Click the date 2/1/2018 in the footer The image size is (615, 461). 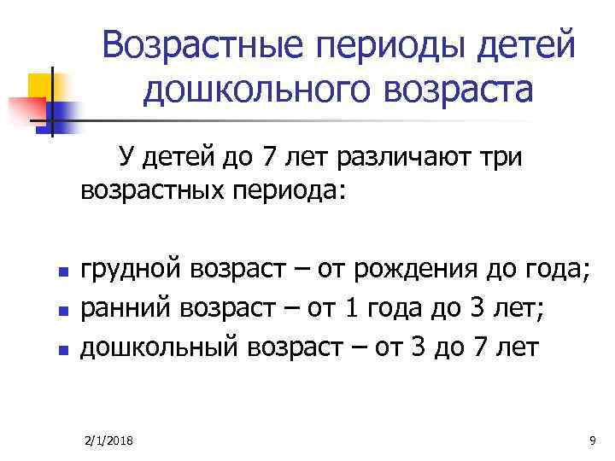pos(114,440)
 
